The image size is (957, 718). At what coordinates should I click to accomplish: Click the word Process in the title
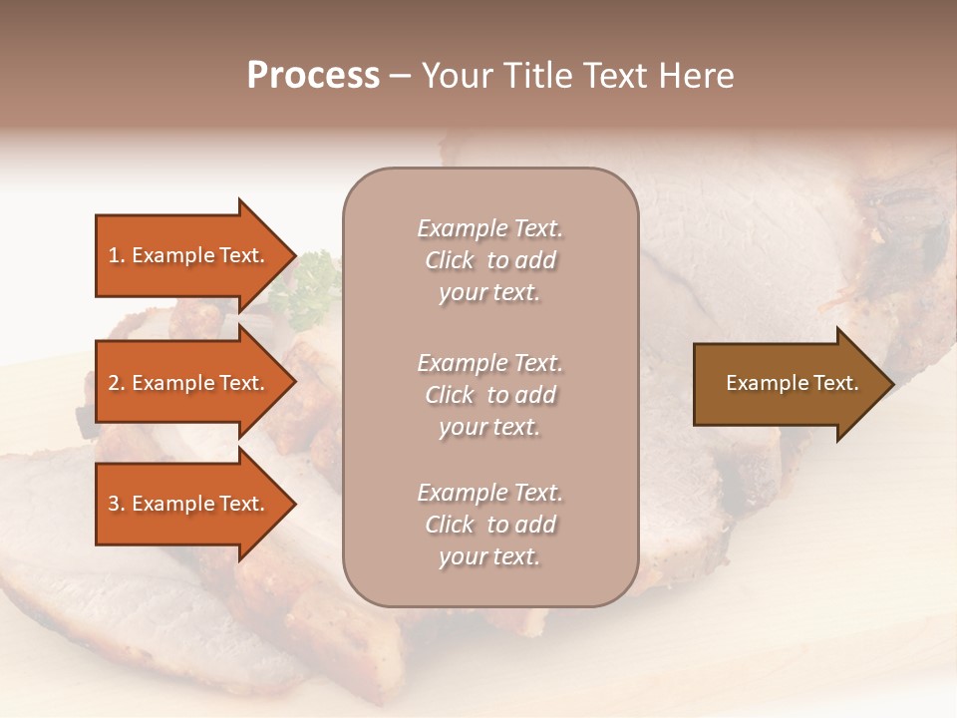(313, 76)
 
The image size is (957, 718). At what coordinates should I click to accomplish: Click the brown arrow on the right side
(788, 383)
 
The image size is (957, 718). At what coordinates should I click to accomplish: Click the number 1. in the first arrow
(117, 255)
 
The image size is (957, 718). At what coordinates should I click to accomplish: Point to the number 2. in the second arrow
(117, 383)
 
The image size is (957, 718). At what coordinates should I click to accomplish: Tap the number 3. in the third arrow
(117, 504)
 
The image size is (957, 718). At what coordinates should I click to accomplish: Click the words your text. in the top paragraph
(489, 293)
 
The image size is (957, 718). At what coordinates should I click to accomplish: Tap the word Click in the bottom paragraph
(450, 525)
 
